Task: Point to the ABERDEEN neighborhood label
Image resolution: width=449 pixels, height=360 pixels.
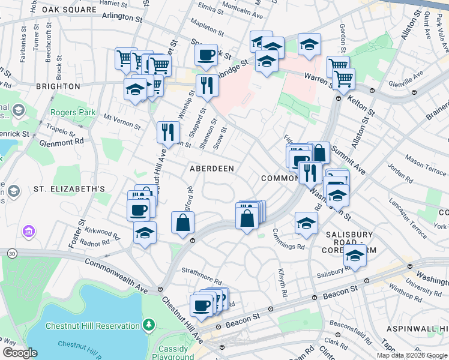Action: click(x=212, y=169)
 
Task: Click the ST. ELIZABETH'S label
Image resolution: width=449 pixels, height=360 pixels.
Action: click(x=69, y=189)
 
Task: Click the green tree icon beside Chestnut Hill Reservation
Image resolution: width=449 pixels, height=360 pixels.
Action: click(x=149, y=325)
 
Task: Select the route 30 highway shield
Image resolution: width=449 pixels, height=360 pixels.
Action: click(x=12, y=254)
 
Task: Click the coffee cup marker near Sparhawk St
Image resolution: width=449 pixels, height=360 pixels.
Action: click(x=206, y=55)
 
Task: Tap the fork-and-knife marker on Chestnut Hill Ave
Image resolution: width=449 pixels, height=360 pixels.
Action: click(x=168, y=131)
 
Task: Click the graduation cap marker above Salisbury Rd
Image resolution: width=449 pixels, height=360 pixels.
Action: click(x=355, y=256)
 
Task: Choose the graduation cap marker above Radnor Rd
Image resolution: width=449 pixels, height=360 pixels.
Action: click(x=144, y=233)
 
